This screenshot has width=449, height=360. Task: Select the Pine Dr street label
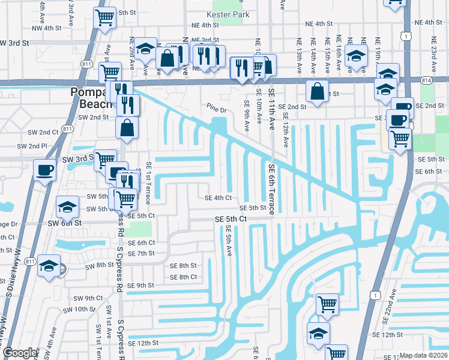click(217, 110)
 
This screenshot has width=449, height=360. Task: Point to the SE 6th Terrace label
click(271, 189)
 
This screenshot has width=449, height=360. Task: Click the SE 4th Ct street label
click(218, 197)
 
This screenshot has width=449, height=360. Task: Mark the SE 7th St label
click(142, 253)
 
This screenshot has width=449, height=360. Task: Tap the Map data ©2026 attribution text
click(424, 355)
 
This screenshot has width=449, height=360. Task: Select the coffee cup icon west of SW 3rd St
click(44, 171)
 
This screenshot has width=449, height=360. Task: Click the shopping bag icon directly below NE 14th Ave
click(317, 92)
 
